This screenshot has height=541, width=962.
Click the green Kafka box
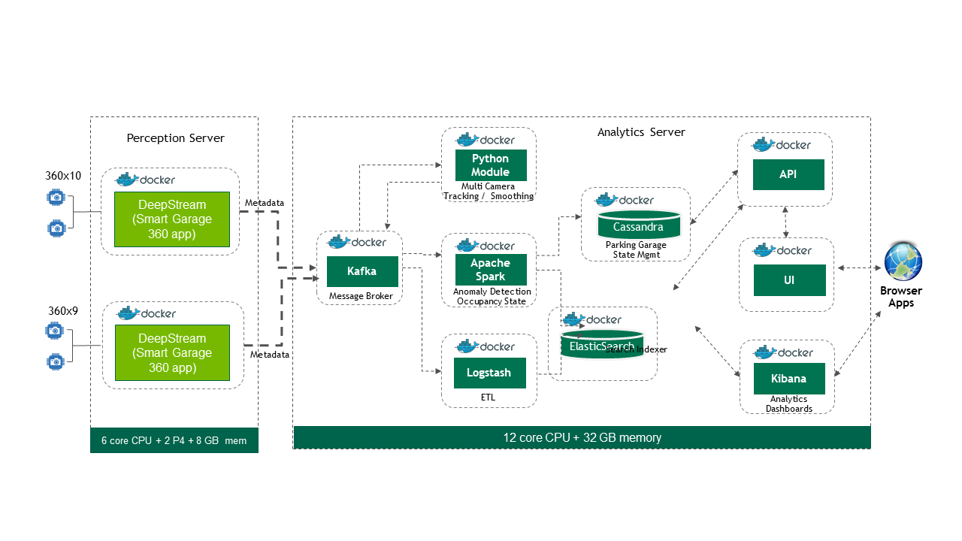pos(362,271)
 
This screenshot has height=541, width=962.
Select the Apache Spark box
pos(490,270)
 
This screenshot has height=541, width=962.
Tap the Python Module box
pos(490,165)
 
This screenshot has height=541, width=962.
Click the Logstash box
pos(489,373)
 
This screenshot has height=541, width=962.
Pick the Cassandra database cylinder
pos(638,225)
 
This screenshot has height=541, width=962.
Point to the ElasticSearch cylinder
pos(601,345)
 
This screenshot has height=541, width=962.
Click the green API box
pos(788,174)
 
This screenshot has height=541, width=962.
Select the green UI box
pos(789,280)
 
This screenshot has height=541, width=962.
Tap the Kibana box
pos(789,379)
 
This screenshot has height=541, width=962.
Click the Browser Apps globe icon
pos(902,261)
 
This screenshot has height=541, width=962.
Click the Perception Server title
pos(175,138)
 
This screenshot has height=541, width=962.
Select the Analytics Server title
pos(641,132)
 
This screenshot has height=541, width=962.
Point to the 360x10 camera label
pos(63,176)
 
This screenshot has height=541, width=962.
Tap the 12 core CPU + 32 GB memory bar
pos(582,437)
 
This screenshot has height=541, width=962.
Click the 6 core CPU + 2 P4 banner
pos(174,441)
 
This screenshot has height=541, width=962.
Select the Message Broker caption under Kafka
pos(361,296)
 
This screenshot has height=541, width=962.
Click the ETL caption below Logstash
pos(488,397)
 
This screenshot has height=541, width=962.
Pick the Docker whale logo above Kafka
pos(339,242)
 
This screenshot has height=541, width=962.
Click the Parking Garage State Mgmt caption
pos(636,249)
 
